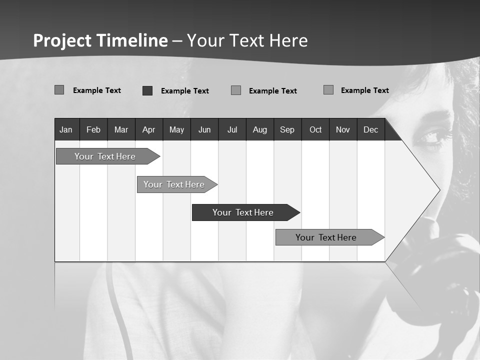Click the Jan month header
[x=66, y=129]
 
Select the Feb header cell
[x=93, y=129]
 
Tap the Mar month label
[x=121, y=129]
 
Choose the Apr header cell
[x=148, y=129]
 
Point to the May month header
[x=176, y=129]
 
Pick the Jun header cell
[x=204, y=129]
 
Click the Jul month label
[x=232, y=129]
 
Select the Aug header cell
[x=259, y=129]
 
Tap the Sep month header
[x=287, y=129]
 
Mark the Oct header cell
[x=315, y=129]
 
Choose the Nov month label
[x=343, y=129]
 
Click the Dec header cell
[x=370, y=129]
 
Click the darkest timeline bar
[x=243, y=212]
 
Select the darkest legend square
[x=147, y=90]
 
